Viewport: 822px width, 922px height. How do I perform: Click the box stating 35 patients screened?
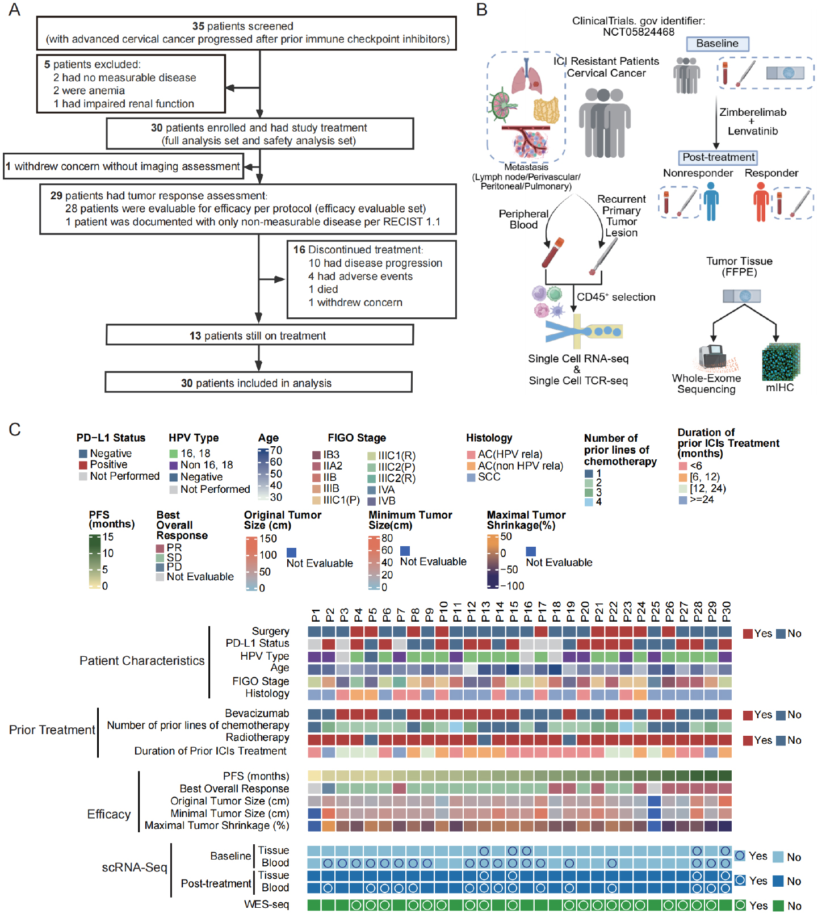tap(246, 33)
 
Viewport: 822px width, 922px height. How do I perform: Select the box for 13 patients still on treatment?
tap(259, 335)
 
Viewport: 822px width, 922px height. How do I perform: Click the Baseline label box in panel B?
tap(718, 44)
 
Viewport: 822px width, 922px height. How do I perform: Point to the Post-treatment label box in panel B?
tap(718, 157)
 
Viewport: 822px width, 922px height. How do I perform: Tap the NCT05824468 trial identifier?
tap(639, 32)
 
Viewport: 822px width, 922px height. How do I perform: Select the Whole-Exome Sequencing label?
tap(706, 384)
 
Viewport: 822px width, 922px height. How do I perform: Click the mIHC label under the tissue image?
tap(780, 388)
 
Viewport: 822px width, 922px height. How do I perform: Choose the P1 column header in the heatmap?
tap(316, 615)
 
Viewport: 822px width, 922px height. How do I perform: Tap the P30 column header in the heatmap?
tap(726, 612)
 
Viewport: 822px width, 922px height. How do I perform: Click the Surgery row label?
tap(270, 631)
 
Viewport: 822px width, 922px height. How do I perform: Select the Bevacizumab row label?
tap(257, 714)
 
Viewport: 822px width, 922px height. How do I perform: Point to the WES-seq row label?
tap(266, 904)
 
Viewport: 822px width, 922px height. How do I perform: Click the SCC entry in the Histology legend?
tap(489, 477)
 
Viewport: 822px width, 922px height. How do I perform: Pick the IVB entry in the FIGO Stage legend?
tap(387, 501)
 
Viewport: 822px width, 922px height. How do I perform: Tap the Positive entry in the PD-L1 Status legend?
tap(108, 464)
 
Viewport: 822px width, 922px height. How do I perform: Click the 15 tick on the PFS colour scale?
tap(108, 537)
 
